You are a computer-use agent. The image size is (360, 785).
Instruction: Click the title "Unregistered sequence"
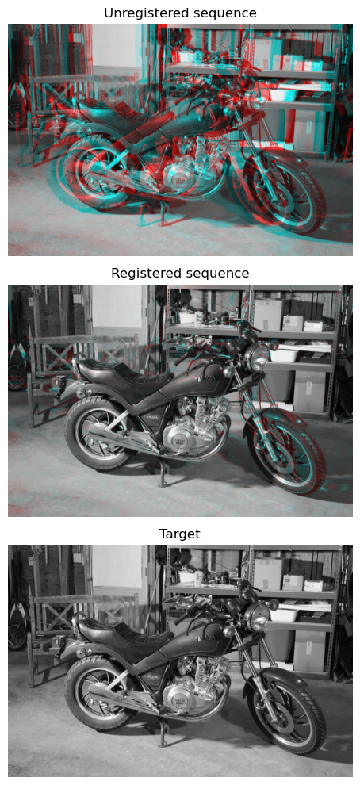[x=180, y=13]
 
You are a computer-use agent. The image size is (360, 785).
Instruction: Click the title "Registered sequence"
[x=180, y=274]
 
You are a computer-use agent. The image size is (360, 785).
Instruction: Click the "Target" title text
[x=180, y=534]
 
